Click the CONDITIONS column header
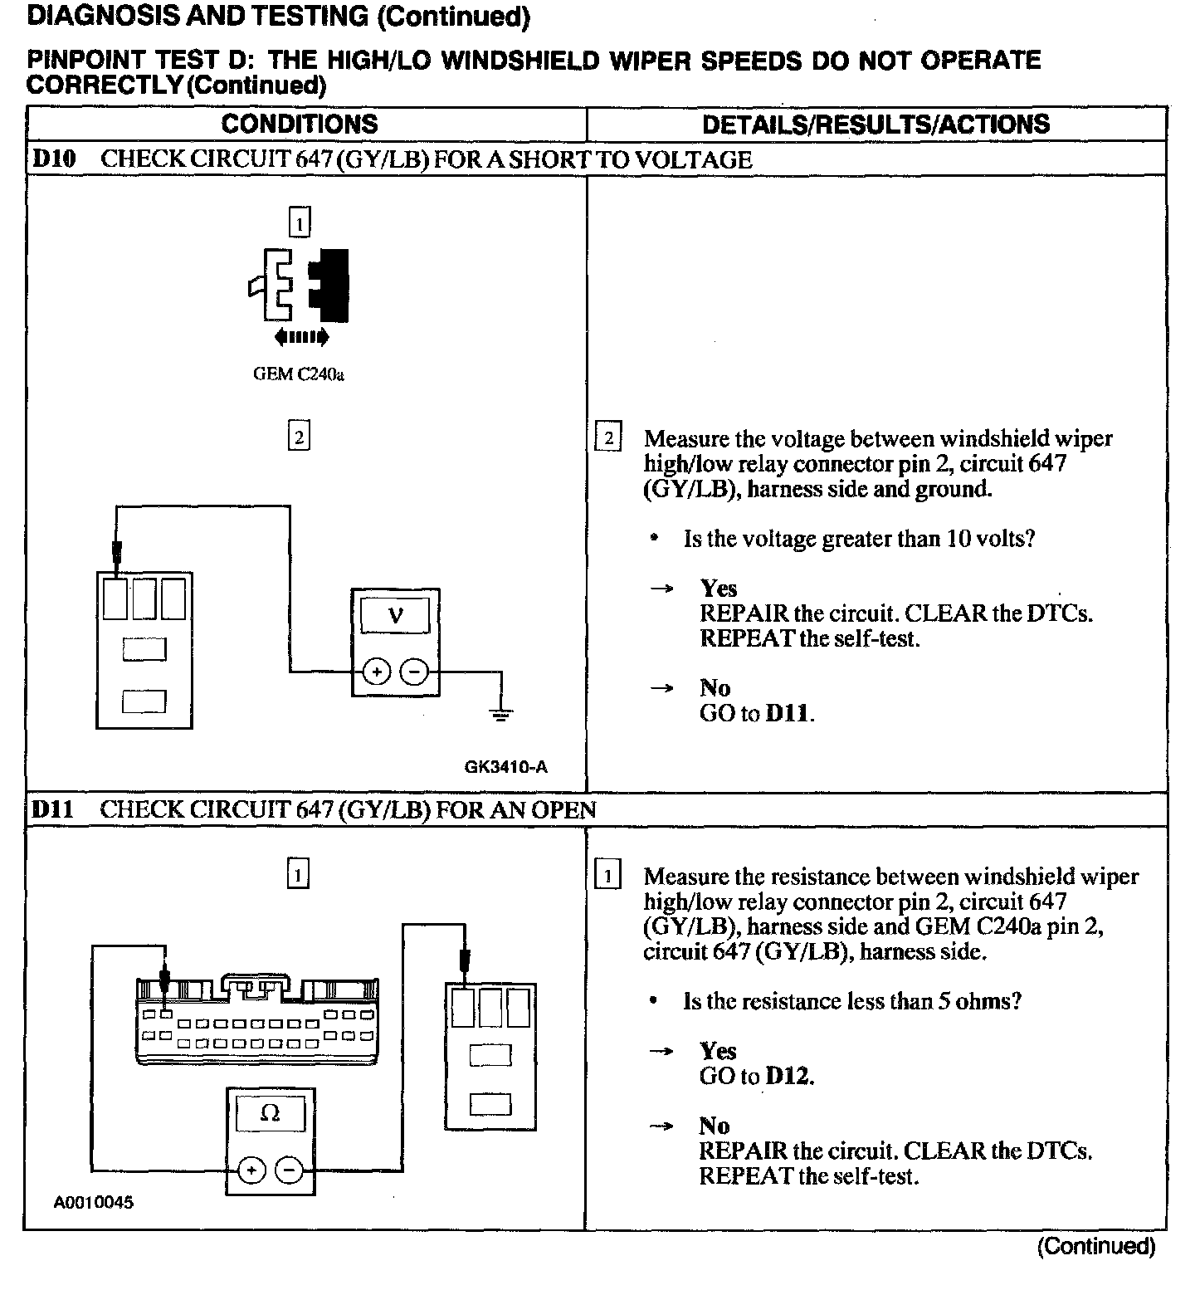click(299, 125)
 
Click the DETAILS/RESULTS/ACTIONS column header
click(876, 125)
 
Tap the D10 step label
click(53, 159)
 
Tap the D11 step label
click(52, 809)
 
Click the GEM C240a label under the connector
click(299, 374)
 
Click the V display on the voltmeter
click(395, 616)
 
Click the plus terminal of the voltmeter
click(376, 672)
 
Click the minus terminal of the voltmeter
click(416, 672)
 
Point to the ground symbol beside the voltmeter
click(500, 712)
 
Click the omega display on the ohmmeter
click(270, 1113)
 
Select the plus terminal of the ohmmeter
click(251, 1170)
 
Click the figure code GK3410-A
click(505, 767)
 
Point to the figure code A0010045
click(94, 1202)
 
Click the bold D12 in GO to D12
click(788, 1077)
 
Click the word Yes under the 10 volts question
click(718, 589)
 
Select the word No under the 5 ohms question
click(714, 1126)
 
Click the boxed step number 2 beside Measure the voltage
click(608, 437)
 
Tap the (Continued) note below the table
click(1095, 1246)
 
